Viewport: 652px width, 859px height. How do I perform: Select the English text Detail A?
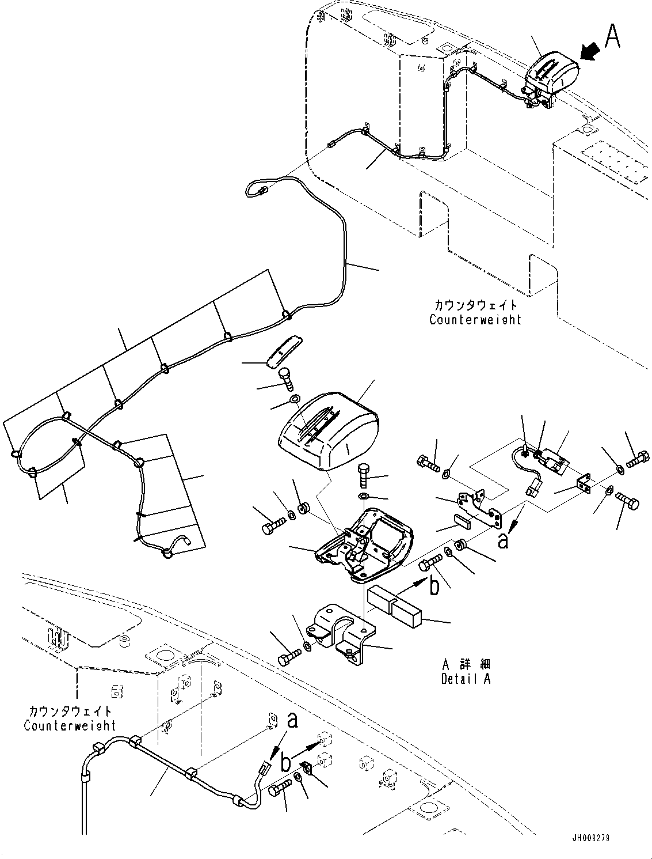point(466,679)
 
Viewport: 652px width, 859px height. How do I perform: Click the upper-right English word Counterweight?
point(475,319)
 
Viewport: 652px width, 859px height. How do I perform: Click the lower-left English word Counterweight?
point(70,725)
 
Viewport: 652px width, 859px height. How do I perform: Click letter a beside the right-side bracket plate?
point(503,541)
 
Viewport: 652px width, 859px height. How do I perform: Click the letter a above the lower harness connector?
point(292,720)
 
